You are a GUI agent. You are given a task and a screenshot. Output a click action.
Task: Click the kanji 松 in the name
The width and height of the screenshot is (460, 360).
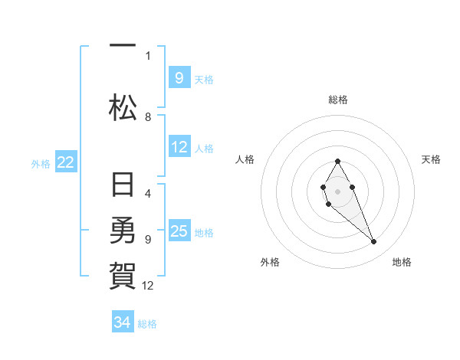[123, 107]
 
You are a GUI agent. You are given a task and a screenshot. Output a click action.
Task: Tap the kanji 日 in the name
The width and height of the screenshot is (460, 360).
[123, 184]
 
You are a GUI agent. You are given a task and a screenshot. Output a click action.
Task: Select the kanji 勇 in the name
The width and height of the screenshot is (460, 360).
[123, 230]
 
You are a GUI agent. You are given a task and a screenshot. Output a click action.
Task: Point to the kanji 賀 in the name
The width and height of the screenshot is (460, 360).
[123, 276]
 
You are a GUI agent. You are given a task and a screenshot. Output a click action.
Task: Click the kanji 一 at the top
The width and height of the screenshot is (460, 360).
[123, 45]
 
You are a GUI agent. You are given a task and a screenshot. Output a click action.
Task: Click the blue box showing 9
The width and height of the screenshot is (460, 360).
[179, 77]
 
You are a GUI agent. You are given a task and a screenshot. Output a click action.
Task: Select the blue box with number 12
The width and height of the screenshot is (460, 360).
[179, 146]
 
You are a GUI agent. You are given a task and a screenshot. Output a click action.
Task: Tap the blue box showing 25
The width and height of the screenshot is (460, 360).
[179, 230]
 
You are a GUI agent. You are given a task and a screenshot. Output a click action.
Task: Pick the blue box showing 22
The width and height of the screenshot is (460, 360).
[66, 162]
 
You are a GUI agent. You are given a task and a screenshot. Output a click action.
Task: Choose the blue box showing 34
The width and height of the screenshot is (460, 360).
[123, 321]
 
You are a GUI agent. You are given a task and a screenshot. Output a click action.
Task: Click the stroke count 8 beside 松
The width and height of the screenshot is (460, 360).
[148, 117]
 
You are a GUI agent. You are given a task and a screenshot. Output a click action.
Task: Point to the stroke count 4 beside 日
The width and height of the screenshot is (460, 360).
[148, 194]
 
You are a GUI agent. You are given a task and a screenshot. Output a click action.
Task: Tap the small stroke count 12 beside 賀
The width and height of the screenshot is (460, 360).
[147, 286]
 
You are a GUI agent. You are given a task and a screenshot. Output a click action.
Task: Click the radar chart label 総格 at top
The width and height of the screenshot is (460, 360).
[338, 100]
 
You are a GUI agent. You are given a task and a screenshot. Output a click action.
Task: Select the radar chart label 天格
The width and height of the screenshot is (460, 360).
[431, 159]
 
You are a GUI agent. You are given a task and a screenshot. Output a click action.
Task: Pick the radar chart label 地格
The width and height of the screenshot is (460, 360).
[402, 262]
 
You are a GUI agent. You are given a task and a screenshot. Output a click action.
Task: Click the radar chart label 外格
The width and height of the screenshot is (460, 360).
[270, 262]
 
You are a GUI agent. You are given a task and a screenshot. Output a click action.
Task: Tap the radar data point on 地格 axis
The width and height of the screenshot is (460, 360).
[374, 242]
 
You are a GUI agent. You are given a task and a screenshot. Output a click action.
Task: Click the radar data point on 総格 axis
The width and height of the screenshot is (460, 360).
[337, 161]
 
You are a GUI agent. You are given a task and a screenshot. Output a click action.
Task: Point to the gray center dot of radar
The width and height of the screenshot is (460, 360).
[337, 191]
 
